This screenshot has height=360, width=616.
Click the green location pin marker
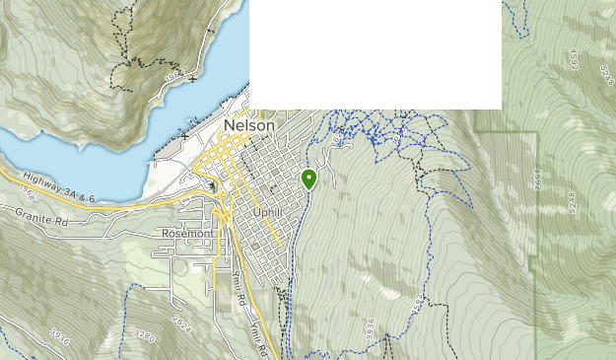[x=308, y=179]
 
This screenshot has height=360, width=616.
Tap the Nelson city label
[x=250, y=126]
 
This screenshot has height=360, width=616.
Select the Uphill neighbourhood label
[x=269, y=212]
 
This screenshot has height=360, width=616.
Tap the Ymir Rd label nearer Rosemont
[x=238, y=285]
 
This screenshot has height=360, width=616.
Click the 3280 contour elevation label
[x=145, y=335]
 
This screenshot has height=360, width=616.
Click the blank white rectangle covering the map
[x=376, y=54]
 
